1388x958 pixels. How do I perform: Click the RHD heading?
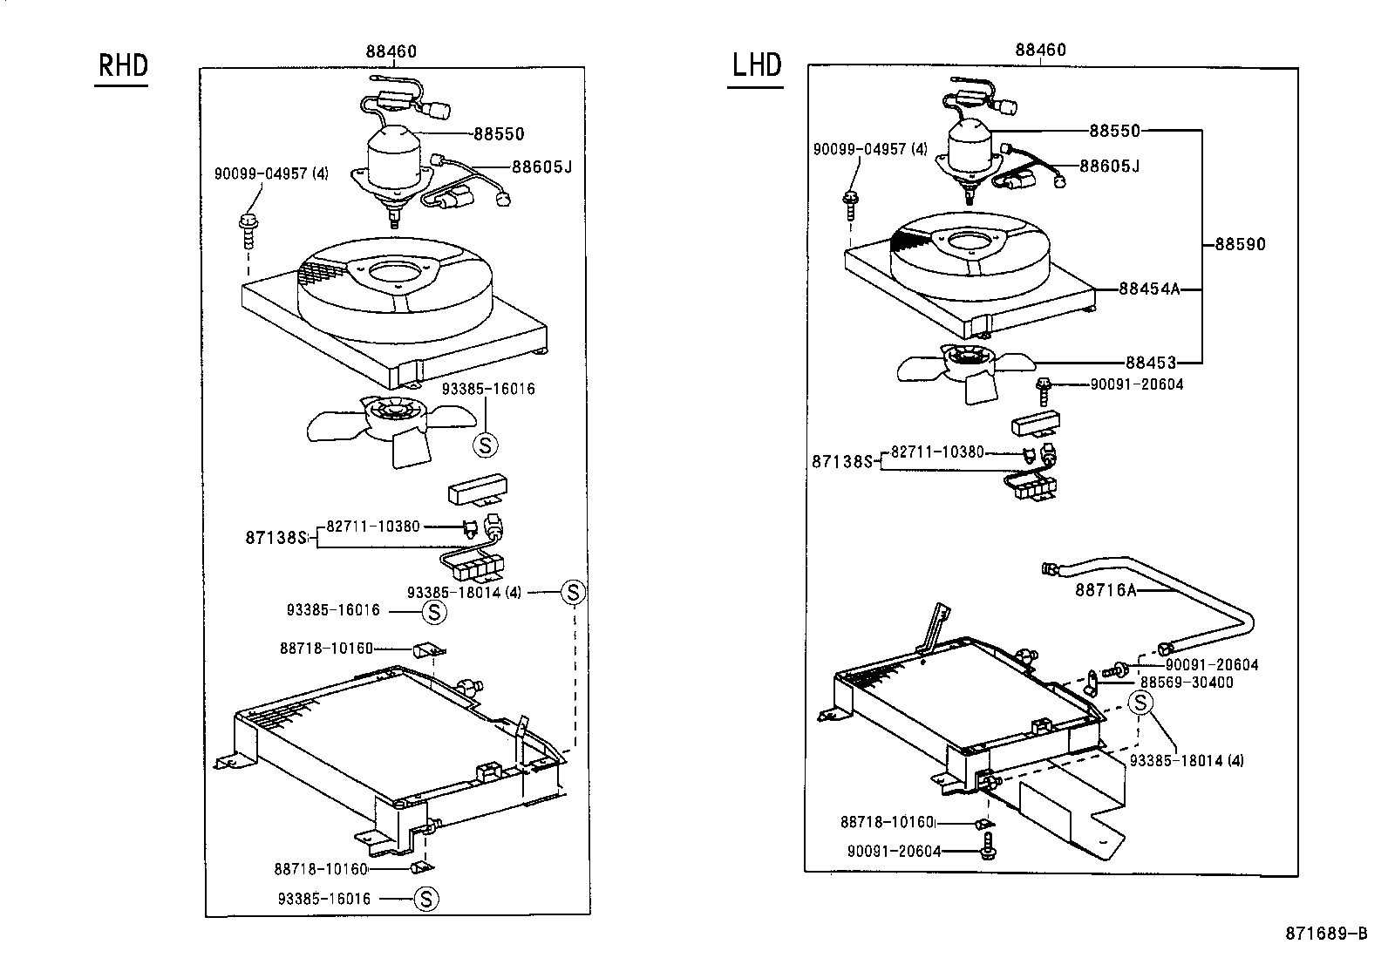tap(122, 67)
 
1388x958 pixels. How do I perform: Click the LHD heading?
tap(756, 65)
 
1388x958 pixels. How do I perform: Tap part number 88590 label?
tap(1240, 245)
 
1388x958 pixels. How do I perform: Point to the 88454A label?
tap(1149, 289)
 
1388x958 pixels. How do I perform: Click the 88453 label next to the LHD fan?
tap(1150, 363)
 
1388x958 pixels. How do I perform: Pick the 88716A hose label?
tap(1106, 590)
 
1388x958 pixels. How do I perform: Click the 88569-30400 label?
tap(1187, 683)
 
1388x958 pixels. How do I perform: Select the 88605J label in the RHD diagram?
tap(542, 166)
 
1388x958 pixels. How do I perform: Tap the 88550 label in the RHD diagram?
tap(499, 134)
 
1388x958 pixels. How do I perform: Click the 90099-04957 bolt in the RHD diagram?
tap(248, 226)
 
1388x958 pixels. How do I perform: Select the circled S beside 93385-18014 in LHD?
tap(1141, 703)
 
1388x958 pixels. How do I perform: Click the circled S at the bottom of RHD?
tap(425, 899)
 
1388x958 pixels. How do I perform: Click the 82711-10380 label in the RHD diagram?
tap(373, 527)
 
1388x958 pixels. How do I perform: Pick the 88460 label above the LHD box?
tap(1040, 51)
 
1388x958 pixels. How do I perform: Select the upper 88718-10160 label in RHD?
tap(326, 649)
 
